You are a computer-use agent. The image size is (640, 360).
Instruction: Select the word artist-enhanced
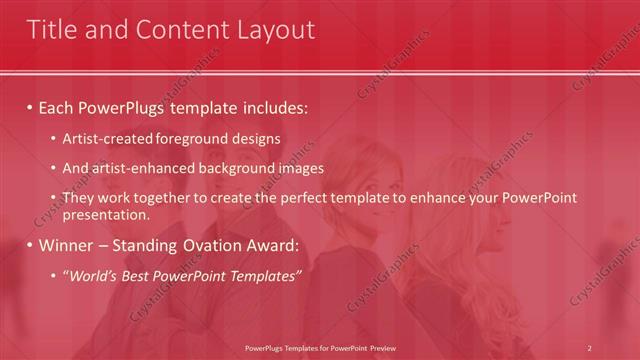[x=135, y=168]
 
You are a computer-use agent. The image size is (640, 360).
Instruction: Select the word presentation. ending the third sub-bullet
[x=105, y=214]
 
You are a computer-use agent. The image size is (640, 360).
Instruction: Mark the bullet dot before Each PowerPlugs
[x=30, y=107]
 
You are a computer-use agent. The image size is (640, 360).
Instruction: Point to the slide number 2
[x=589, y=348]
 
